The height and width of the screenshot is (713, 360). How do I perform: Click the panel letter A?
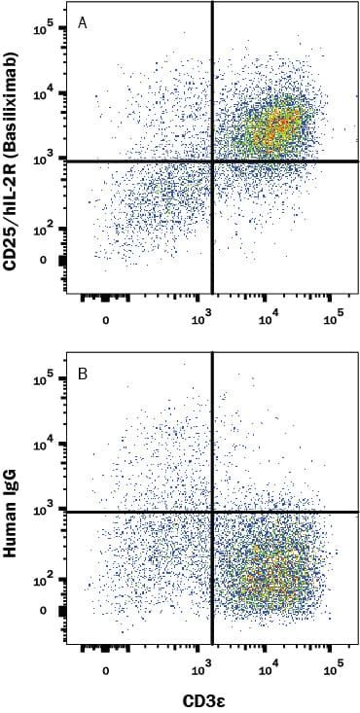point(84,22)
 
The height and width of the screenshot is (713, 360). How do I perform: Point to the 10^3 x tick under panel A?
point(203,318)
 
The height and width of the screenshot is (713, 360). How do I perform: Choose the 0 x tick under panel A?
point(105,318)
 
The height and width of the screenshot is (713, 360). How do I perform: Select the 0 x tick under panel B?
point(105,669)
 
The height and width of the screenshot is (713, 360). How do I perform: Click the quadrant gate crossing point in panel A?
point(211,160)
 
